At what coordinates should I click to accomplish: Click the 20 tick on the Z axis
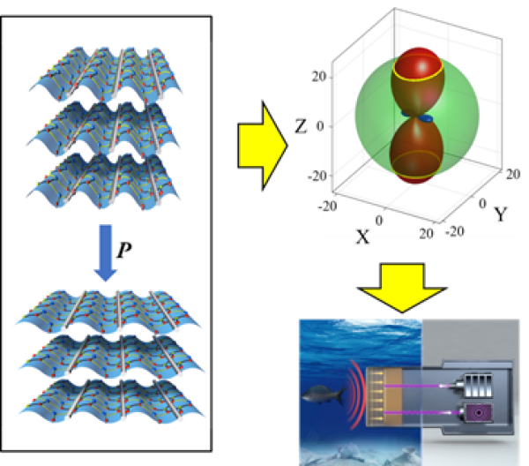(322, 77)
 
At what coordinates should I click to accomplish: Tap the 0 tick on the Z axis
(326, 125)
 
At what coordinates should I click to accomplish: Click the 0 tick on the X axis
(380, 220)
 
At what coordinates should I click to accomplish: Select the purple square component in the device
(478, 411)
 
